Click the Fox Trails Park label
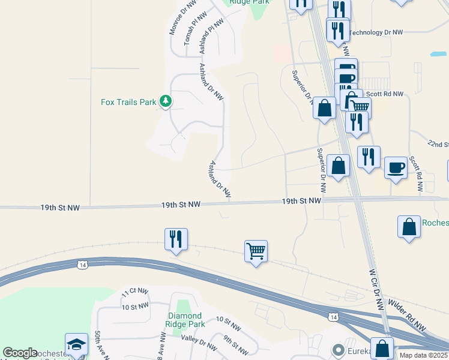point(128,102)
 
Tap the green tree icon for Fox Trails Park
point(166,102)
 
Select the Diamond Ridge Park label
point(186,320)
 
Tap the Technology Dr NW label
point(378,32)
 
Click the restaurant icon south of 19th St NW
point(176,239)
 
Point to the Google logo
point(20,353)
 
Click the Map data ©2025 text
point(423,355)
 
